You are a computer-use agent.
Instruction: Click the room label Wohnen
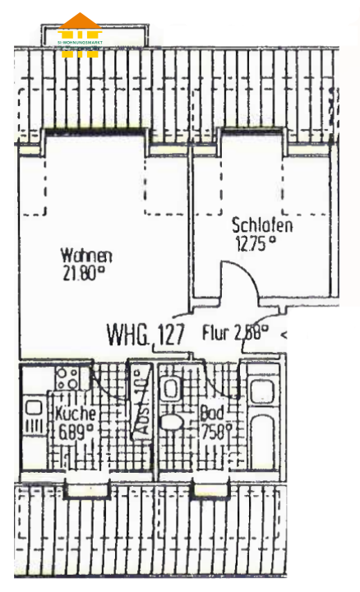pos(86,255)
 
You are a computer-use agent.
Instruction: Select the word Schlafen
pos(262,224)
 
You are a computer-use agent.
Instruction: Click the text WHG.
pos(127,335)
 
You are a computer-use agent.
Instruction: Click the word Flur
pos(215,334)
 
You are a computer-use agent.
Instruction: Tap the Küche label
pos(76,414)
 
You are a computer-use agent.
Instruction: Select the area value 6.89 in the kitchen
pos(73,430)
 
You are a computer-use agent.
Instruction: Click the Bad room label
pos(211,414)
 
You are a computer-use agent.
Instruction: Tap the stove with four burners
pos(67,378)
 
